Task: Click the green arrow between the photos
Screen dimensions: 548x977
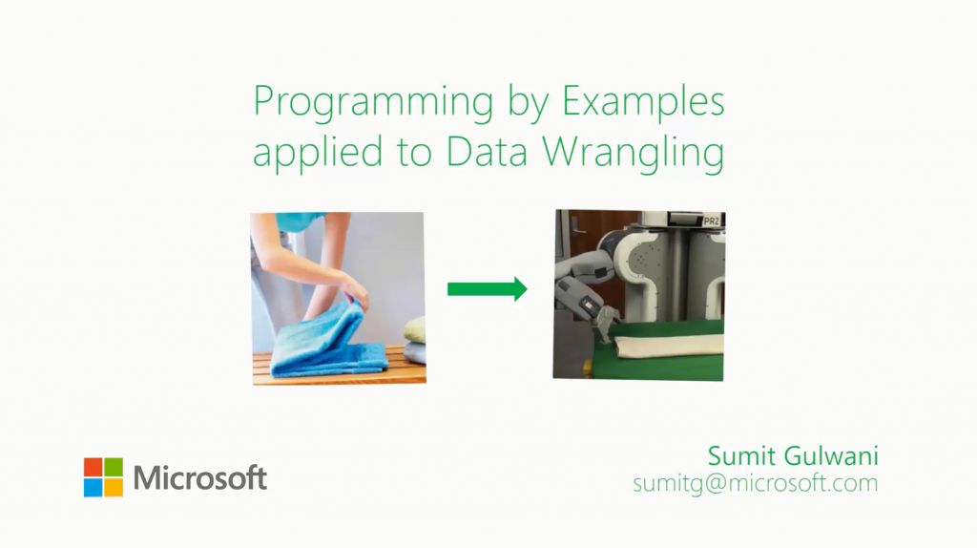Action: click(x=487, y=288)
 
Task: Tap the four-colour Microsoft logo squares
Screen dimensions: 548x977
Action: click(x=103, y=476)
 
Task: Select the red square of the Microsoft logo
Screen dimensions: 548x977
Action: click(x=93, y=466)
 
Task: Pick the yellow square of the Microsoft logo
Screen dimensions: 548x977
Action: click(x=114, y=487)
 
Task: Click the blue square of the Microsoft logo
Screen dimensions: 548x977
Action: click(x=93, y=487)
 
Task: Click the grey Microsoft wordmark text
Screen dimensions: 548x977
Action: click(x=199, y=477)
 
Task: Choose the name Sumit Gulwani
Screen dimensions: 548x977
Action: click(x=792, y=454)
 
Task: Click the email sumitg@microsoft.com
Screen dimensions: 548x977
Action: click(x=755, y=483)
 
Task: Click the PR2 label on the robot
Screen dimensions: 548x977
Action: click(x=710, y=221)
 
